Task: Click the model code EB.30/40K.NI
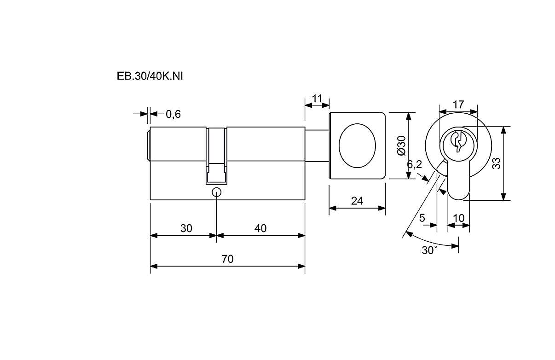tap(150, 76)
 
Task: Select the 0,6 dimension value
tap(173, 114)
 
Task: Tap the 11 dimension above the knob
tap(317, 98)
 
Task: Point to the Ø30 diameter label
tap(400, 145)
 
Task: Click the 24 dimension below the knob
tap(357, 201)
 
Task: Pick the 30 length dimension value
tap(186, 228)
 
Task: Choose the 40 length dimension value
tap(260, 228)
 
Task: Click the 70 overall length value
tap(227, 259)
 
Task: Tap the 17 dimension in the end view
tap(458, 105)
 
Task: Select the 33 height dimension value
tap(496, 163)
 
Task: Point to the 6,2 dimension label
tap(414, 165)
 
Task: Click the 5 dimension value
tap(422, 218)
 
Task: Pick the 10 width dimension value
tap(458, 218)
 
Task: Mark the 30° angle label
tap(429, 250)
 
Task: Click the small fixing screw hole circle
tap(216, 192)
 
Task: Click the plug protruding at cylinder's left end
tap(149, 145)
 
